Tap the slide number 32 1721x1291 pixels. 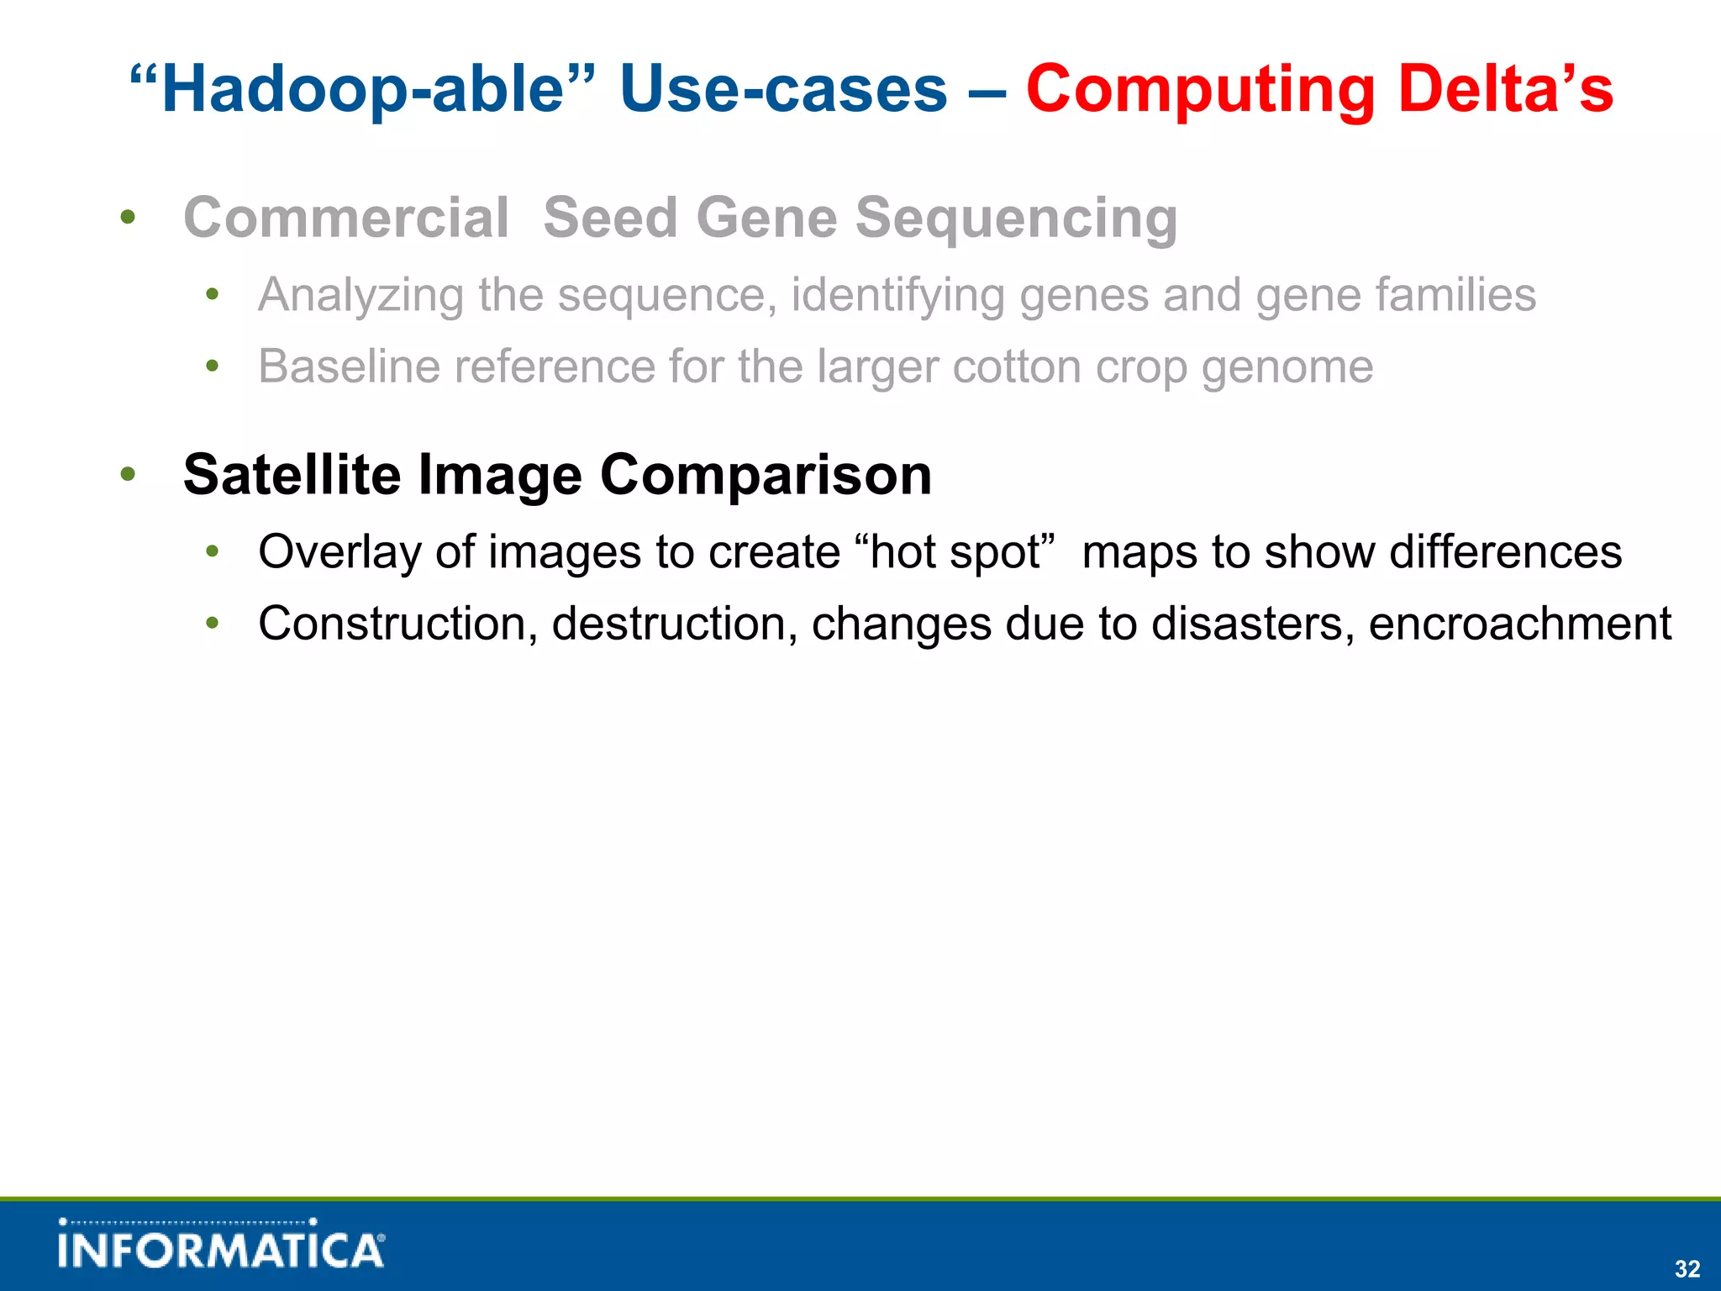[x=1687, y=1269]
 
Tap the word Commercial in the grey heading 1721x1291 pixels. [x=346, y=218]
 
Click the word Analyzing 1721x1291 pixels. [x=361, y=296]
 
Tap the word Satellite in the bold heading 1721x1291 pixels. [x=292, y=475]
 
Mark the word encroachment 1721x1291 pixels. [x=1519, y=624]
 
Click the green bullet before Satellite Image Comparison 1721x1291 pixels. [x=128, y=474]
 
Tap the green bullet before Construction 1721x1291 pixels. [x=213, y=624]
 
